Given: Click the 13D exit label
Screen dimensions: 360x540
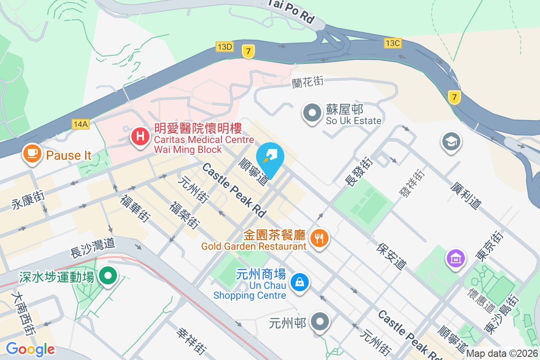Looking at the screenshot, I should pyautogui.click(x=225, y=46).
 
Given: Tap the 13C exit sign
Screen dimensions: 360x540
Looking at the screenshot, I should pyautogui.click(x=392, y=43).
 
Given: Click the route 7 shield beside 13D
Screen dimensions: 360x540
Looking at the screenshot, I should pyautogui.click(x=248, y=51).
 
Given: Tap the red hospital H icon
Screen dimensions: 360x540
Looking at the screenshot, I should pyautogui.click(x=140, y=135).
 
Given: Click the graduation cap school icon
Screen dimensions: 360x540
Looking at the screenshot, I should pyautogui.click(x=450, y=142).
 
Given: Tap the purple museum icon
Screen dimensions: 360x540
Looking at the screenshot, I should pyautogui.click(x=455, y=259).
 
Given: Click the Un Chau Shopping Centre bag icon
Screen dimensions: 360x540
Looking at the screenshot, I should pyautogui.click(x=299, y=283).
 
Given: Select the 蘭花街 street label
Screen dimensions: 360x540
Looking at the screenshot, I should pyautogui.click(x=308, y=82).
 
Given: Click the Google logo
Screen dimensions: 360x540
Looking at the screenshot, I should pyautogui.click(x=30, y=349).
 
